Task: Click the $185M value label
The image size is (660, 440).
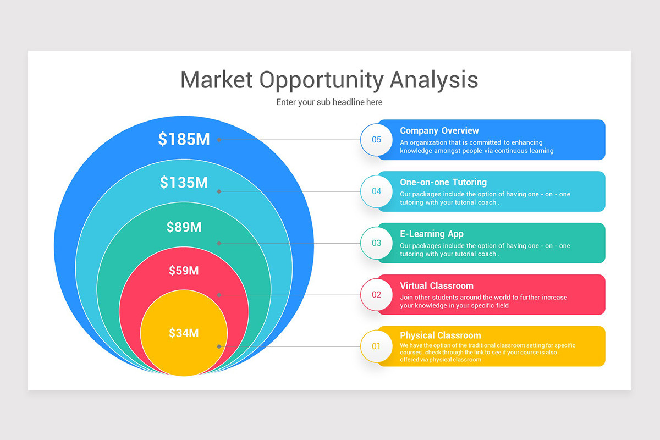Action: [184, 139]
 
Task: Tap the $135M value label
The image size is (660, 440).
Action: [184, 182]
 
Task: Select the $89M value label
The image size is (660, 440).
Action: [184, 227]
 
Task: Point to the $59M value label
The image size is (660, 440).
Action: [184, 270]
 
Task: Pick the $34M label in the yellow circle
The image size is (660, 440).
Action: [184, 333]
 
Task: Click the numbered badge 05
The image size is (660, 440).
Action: [376, 140]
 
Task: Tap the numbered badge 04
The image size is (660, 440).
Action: [376, 191]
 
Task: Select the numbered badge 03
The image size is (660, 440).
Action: [376, 243]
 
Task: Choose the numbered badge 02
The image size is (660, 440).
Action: [376, 295]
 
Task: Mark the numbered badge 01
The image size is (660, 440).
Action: [376, 346]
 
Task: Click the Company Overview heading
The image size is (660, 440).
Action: [439, 130]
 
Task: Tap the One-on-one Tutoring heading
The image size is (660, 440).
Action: [443, 182]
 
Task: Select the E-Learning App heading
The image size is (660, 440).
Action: [431, 234]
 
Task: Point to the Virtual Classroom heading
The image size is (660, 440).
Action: [436, 285]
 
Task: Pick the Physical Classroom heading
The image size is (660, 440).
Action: [440, 335]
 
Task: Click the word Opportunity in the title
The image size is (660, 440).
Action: [321, 80]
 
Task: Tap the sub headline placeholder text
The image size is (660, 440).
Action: [329, 102]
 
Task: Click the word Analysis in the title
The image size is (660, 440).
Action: [434, 80]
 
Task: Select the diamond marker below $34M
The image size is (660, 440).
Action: [219, 346]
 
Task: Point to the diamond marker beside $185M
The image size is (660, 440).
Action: [219, 140]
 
